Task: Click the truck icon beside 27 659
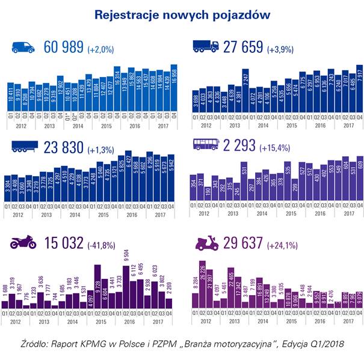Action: pyautogui.click(x=205, y=47)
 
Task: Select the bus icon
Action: pyautogui.click(x=205, y=145)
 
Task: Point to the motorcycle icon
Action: pyautogui.click(x=23, y=243)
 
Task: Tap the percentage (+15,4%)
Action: pyautogui.click(x=276, y=147)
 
